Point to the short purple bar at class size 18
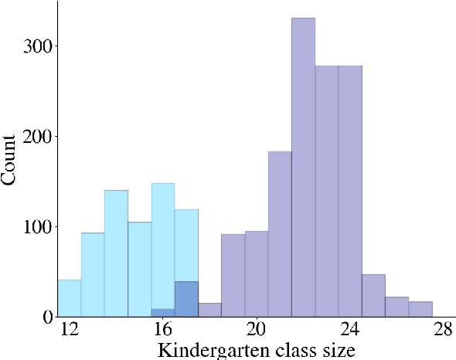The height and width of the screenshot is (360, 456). (209, 310)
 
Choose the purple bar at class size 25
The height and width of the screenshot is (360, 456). (373, 296)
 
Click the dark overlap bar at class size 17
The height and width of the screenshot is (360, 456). (186, 299)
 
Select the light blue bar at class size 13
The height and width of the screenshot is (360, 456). (93, 274)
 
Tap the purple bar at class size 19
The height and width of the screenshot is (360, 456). (233, 275)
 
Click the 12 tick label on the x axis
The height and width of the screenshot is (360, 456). (70, 330)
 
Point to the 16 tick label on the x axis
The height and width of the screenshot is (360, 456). (163, 330)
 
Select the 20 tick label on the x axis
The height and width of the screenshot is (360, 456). (257, 330)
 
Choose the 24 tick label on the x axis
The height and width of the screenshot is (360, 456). (350, 330)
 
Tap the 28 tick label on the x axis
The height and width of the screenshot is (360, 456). (443, 330)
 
